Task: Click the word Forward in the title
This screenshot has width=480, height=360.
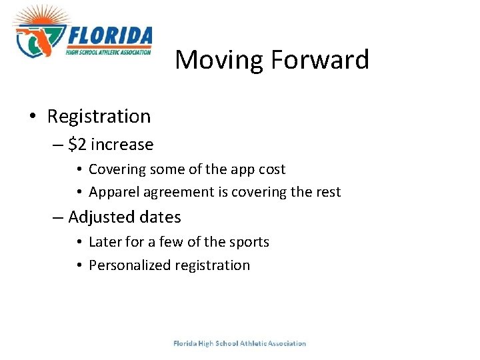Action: coord(319,60)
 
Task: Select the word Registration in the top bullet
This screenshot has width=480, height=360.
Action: coord(99,117)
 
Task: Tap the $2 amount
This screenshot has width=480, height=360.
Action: coord(77,145)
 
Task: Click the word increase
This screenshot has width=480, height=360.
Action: coord(122,145)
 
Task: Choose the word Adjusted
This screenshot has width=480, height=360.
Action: coord(97,217)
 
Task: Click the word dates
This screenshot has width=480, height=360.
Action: coord(161,217)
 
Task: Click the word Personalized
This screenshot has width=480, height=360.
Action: coord(129,265)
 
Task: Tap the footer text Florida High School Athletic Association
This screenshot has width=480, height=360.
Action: coord(239,343)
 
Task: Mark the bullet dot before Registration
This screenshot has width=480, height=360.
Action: coord(33,117)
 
